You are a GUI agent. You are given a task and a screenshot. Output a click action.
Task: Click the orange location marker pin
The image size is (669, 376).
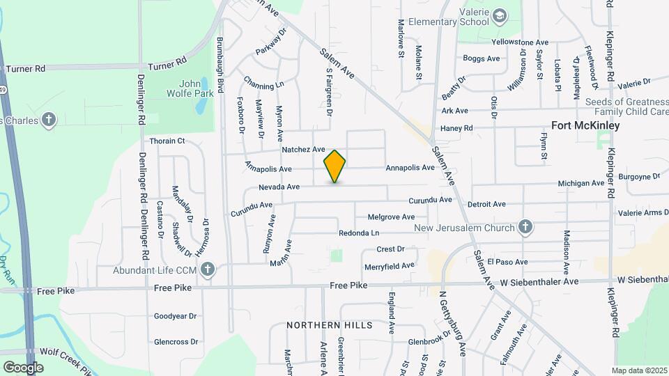(335, 166)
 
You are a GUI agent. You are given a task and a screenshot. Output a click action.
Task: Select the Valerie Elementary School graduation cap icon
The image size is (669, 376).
(500, 15)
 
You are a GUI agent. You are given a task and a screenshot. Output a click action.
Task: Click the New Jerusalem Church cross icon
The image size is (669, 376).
(525, 227)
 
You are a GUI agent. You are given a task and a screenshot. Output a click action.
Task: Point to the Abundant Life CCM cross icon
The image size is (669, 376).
(207, 269)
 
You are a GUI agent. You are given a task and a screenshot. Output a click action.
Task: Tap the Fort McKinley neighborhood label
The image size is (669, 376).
(585, 126)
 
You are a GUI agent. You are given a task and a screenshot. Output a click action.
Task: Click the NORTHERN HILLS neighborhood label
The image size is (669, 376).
(329, 325)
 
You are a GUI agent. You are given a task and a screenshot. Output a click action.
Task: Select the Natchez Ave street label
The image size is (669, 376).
(303, 150)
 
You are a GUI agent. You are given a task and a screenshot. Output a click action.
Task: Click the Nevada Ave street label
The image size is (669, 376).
(279, 187)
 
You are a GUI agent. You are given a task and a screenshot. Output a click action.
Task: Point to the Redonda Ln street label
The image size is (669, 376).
(359, 233)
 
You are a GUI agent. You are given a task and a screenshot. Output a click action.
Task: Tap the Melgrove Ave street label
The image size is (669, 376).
(391, 217)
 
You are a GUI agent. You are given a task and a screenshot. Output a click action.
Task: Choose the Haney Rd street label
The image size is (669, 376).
(456, 128)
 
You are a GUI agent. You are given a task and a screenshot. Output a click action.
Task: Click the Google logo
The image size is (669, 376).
(23, 367)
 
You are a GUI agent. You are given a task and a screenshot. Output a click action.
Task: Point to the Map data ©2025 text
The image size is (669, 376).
(639, 370)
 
